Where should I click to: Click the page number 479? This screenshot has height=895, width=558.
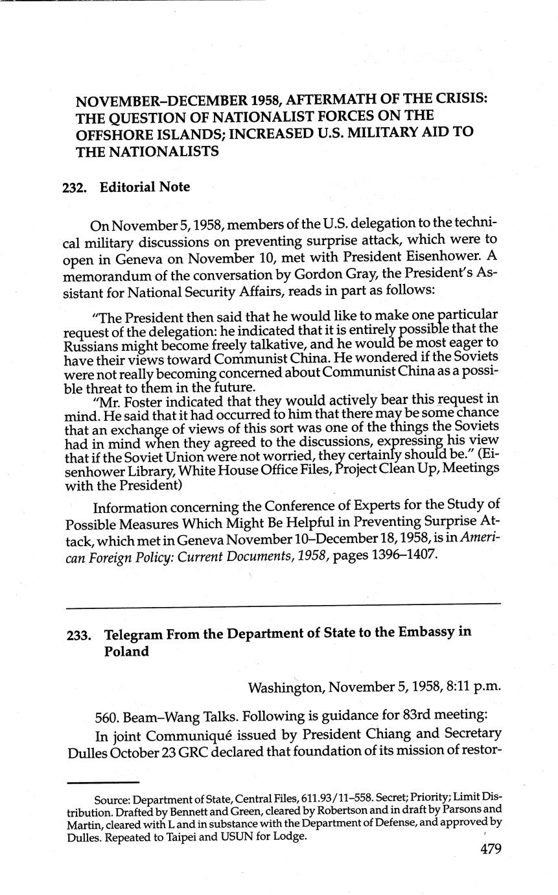click(x=491, y=850)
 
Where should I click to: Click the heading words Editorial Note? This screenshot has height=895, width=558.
click(x=145, y=187)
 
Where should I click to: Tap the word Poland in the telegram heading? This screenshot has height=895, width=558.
click(x=126, y=651)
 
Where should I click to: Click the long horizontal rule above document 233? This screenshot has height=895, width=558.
click(x=283, y=606)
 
